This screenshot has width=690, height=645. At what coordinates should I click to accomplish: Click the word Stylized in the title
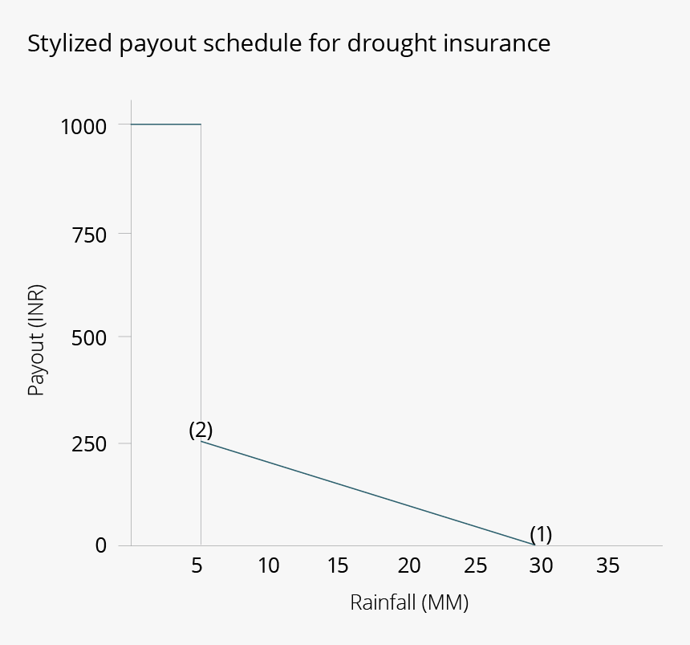70,43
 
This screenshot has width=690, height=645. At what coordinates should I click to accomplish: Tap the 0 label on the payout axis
100,546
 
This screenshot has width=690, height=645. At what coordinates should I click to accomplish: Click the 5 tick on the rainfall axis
197,566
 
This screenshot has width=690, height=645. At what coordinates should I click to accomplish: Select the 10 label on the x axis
269,566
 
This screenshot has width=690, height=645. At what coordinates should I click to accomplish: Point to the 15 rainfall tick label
338,566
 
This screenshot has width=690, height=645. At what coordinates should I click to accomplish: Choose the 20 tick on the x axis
408,566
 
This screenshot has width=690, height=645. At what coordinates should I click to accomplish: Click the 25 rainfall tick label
476,566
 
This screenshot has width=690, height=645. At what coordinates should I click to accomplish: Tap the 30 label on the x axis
542,566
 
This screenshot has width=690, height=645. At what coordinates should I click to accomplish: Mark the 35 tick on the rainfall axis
608,566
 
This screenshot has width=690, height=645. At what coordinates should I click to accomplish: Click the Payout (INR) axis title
35,341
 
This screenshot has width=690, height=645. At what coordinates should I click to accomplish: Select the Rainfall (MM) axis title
408,602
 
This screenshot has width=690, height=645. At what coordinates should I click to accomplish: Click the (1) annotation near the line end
541,534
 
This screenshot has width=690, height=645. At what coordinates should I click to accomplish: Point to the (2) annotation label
201,430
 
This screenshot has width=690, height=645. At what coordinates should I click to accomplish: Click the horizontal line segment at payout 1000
165,125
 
